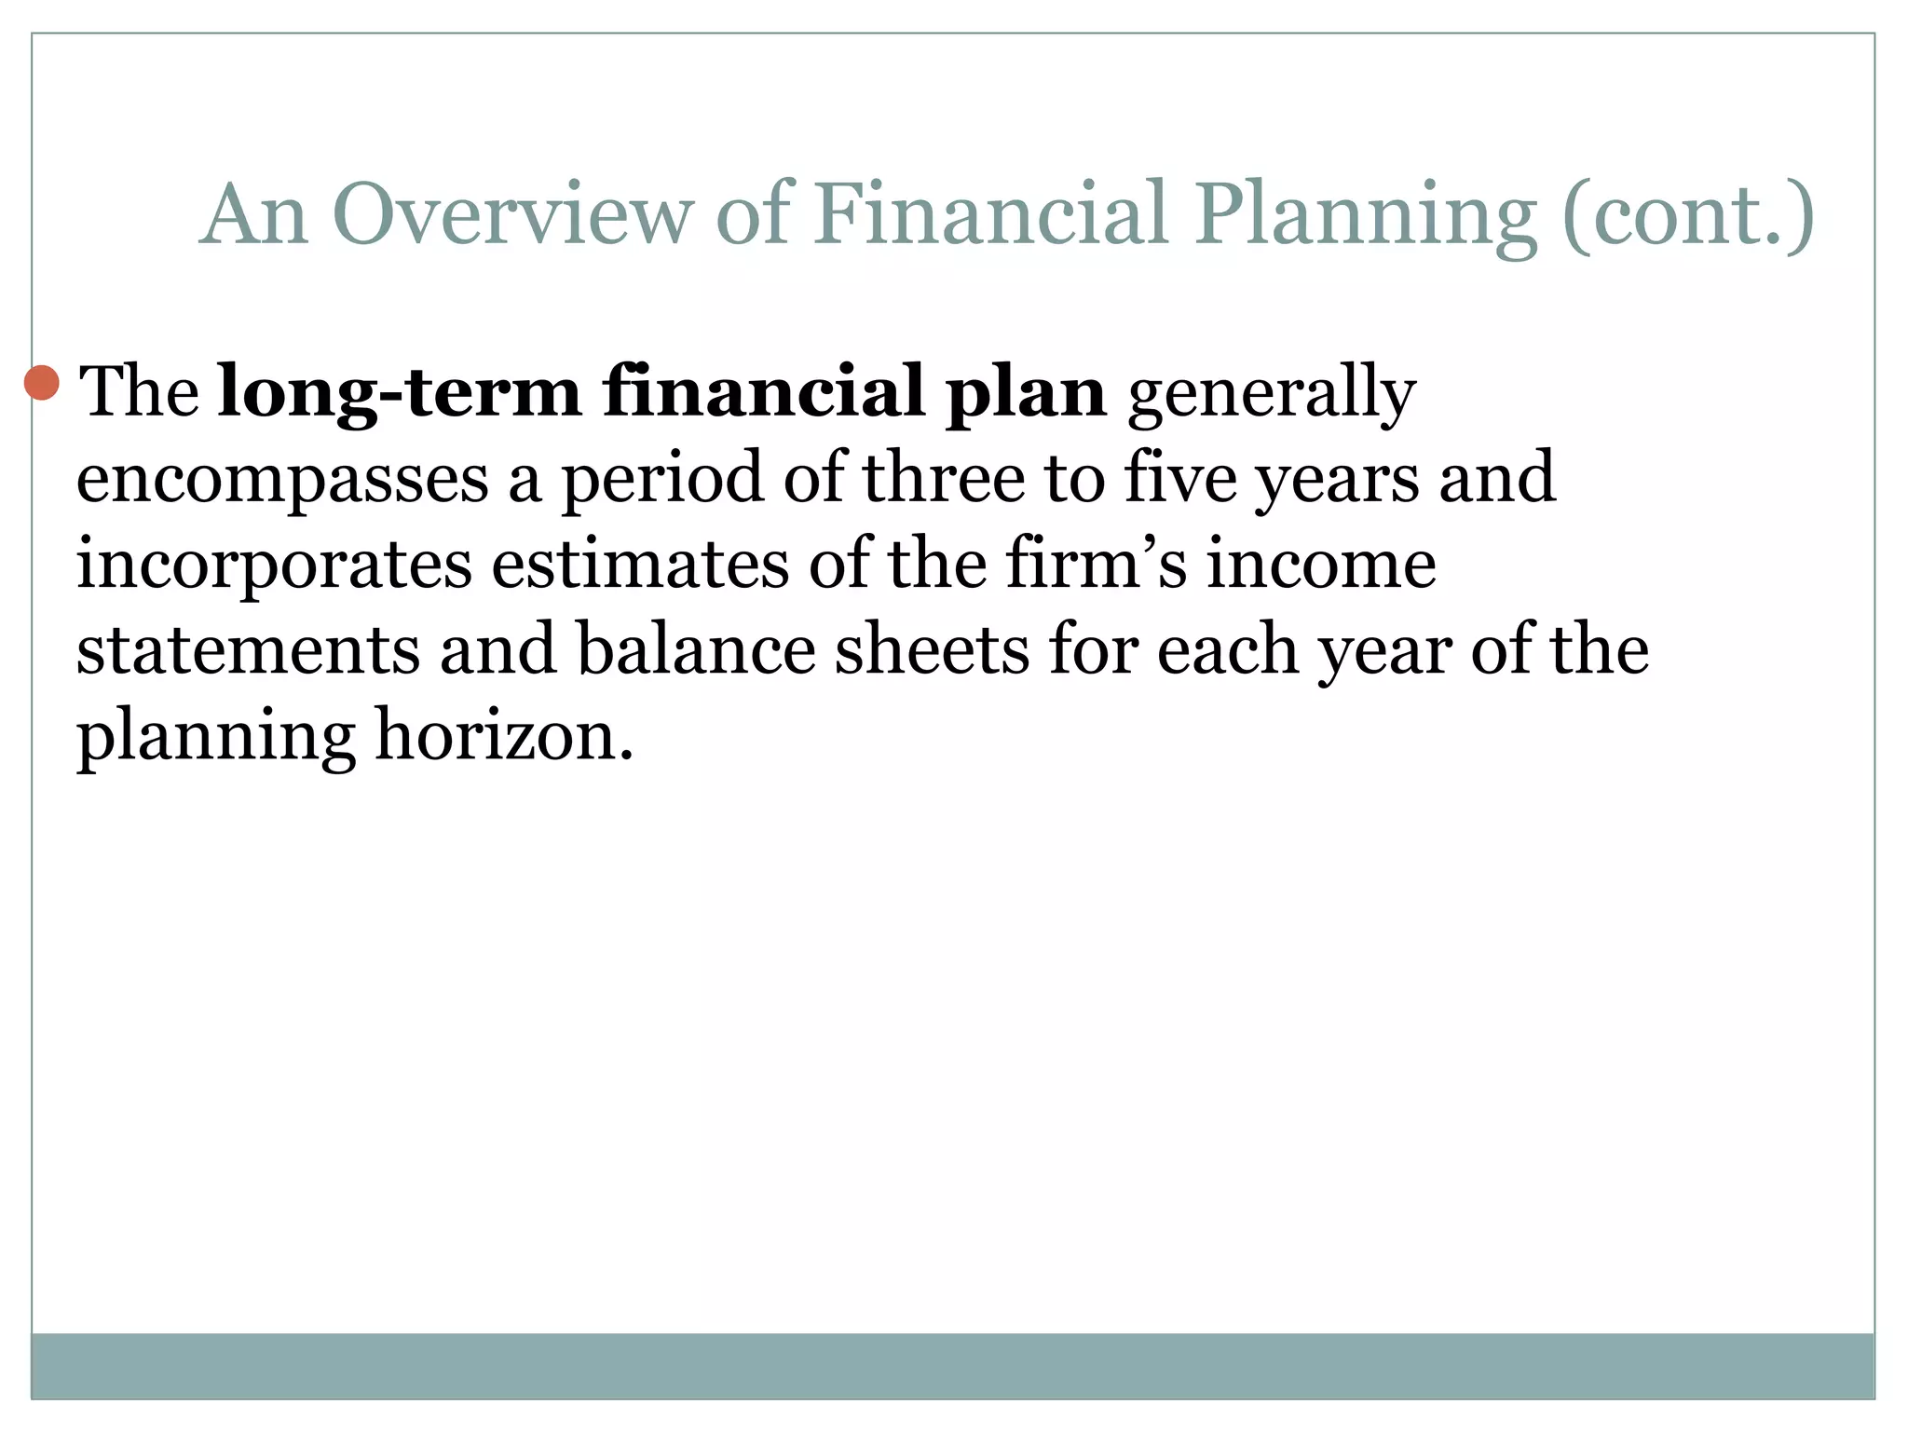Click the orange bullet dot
coord(42,382)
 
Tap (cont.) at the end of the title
coord(1688,216)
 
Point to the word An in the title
coord(253,216)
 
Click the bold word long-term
coord(400,392)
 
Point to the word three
coord(943,477)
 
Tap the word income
coord(1321,565)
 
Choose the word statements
coord(248,650)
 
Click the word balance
coord(696,648)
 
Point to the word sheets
coord(932,648)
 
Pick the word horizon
coord(504,735)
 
